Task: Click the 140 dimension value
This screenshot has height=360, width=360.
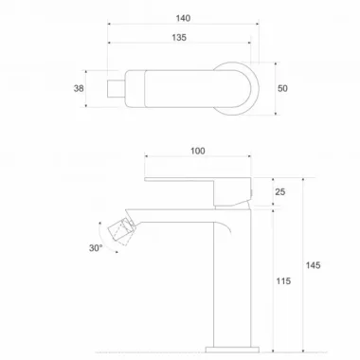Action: click(183, 18)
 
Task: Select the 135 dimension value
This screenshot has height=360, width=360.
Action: click(179, 38)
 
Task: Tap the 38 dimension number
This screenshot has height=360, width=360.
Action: click(79, 88)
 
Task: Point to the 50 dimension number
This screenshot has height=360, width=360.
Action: click(282, 88)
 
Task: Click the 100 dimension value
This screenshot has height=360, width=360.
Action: click(198, 151)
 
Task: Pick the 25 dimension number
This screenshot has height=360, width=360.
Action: click(280, 191)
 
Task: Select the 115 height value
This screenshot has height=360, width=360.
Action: click(283, 281)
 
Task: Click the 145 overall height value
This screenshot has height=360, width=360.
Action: click(313, 265)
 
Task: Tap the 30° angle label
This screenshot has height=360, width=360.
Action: click(96, 248)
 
